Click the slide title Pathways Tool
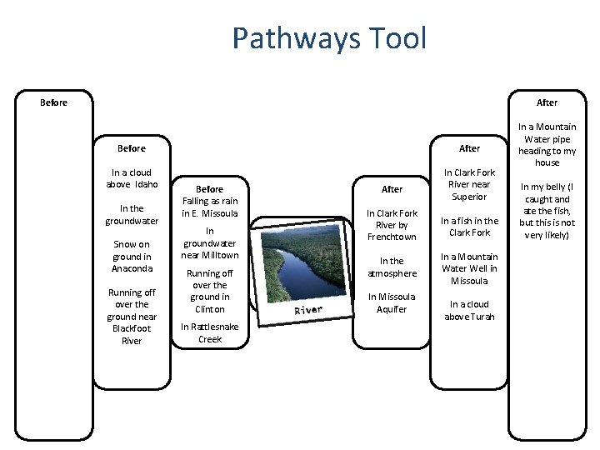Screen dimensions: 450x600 point(329,38)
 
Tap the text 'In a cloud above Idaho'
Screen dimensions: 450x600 point(132,178)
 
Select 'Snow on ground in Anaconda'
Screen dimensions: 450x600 point(132,256)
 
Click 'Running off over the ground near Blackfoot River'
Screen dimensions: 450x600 point(132,316)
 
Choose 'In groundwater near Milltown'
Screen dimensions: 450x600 point(209,242)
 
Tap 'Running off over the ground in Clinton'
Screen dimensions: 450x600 point(209,291)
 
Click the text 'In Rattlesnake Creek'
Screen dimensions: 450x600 point(209,332)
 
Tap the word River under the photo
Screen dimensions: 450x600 point(308,311)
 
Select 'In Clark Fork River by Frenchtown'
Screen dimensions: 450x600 point(392,225)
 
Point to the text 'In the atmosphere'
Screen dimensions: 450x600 point(392,267)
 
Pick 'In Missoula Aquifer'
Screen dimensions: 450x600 point(392,302)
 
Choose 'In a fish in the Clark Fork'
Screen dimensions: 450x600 point(470,227)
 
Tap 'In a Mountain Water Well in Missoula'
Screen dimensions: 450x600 point(470,268)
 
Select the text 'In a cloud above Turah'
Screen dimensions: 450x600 point(470,310)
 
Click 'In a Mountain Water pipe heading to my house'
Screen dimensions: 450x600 point(547,145)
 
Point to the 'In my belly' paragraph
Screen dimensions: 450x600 point(547,212)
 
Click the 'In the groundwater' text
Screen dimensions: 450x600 point(132,214)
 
